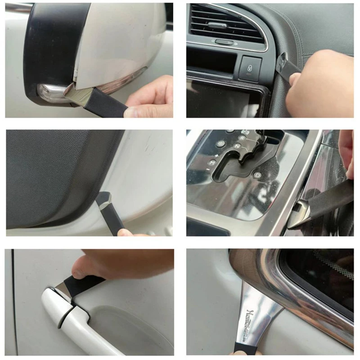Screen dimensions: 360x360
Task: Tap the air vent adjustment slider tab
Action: tap(223, 42)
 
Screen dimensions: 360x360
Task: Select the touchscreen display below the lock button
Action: tap(220, 99)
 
